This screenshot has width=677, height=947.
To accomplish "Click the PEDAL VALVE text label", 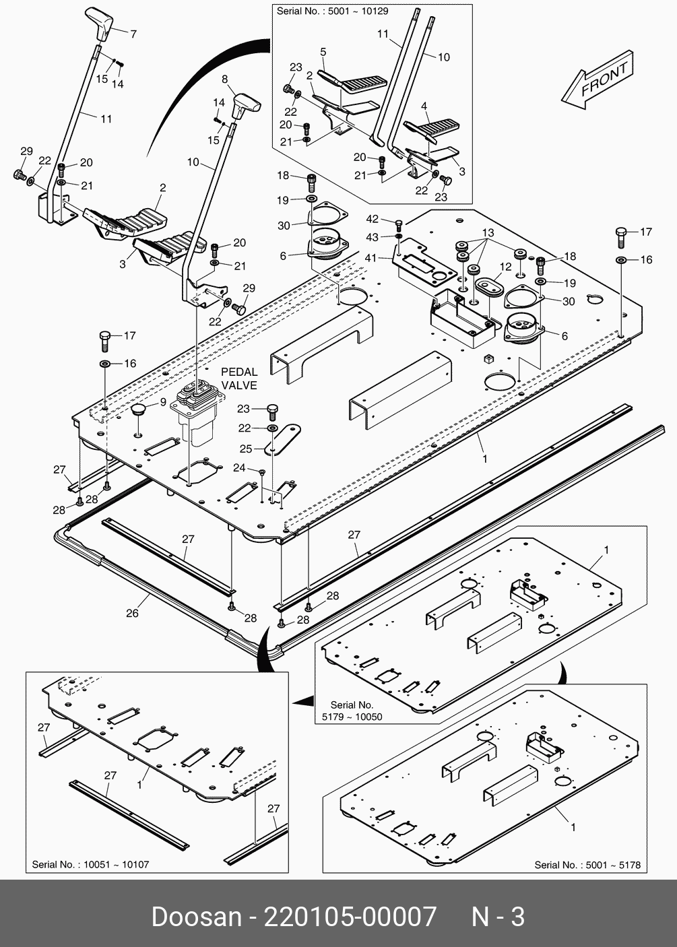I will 239,379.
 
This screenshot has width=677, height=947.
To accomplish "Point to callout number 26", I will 133,613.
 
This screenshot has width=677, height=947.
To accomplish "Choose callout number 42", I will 373,219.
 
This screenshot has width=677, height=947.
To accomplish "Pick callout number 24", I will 239,467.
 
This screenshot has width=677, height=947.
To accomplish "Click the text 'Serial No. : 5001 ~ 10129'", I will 332,11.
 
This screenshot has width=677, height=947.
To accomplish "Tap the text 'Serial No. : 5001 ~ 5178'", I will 587,865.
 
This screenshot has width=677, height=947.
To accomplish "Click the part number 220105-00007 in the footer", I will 350,917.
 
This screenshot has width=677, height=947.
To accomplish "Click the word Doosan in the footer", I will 196,917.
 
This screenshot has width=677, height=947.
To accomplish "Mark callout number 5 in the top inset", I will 323,52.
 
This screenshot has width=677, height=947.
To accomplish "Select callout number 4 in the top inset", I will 424,106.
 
